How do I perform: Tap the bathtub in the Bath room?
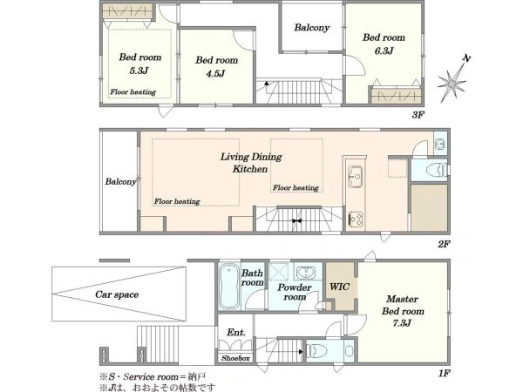(x=229, y=287)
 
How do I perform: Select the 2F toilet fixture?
(x=437, y=170)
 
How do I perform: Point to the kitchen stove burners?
(x=356, y=220)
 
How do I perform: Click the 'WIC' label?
(x=340, y=287)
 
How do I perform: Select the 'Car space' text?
(x=117, y=294)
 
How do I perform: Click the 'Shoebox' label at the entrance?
(x=235, y=358)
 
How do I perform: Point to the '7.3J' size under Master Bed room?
(x=402, y=322)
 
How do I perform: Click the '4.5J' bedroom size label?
(x=215, y=73)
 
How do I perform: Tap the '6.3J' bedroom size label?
(x=384, y=51)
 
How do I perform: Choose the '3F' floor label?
(x=418, y=115)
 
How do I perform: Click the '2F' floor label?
(x=444, y=244)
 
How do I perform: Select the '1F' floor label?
(x=444, y=373)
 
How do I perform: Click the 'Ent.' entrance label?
(x=236, y=333)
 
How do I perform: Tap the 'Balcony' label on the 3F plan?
(x=312, y=27)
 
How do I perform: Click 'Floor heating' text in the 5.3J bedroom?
(x=133, y=91)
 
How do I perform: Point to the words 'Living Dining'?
(x=251, y=157)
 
